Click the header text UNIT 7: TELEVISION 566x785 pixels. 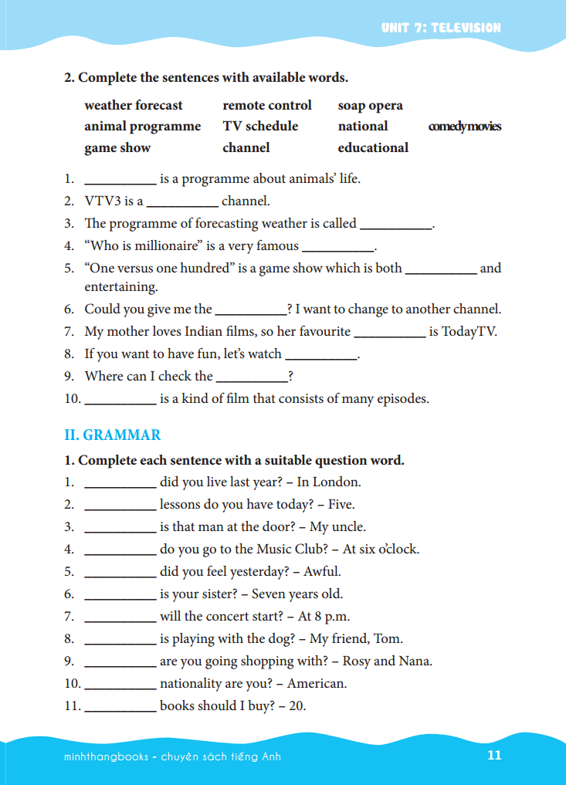pyautogui.click(x=441, y=28)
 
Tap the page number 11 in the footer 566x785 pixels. pyautogui.click(x=495, y=755)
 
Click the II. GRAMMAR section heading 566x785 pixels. pyautogui.click(x=113, y=435)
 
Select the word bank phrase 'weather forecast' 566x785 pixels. pyautogui.click(x=134, y=105)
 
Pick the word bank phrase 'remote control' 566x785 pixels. pyautogui.click(x=267, y=105)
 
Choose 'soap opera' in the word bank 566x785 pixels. pyautogui.click(x=370, y=105)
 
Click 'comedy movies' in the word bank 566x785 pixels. pyautogui.click(x=465, y=127)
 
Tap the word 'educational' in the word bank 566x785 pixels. pyautogui.click(x=373, y=147)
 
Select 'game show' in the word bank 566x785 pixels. pyautogui.click(x=117, y=147)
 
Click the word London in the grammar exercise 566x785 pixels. pyautogui.click(x=337, y=482)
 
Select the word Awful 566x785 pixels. pyautogui.click(x=322, y=572)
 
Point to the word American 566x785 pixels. pyautogui.click(x=317, y=684)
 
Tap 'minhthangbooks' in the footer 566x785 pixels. pyautogui.click(x=107, y=756)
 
